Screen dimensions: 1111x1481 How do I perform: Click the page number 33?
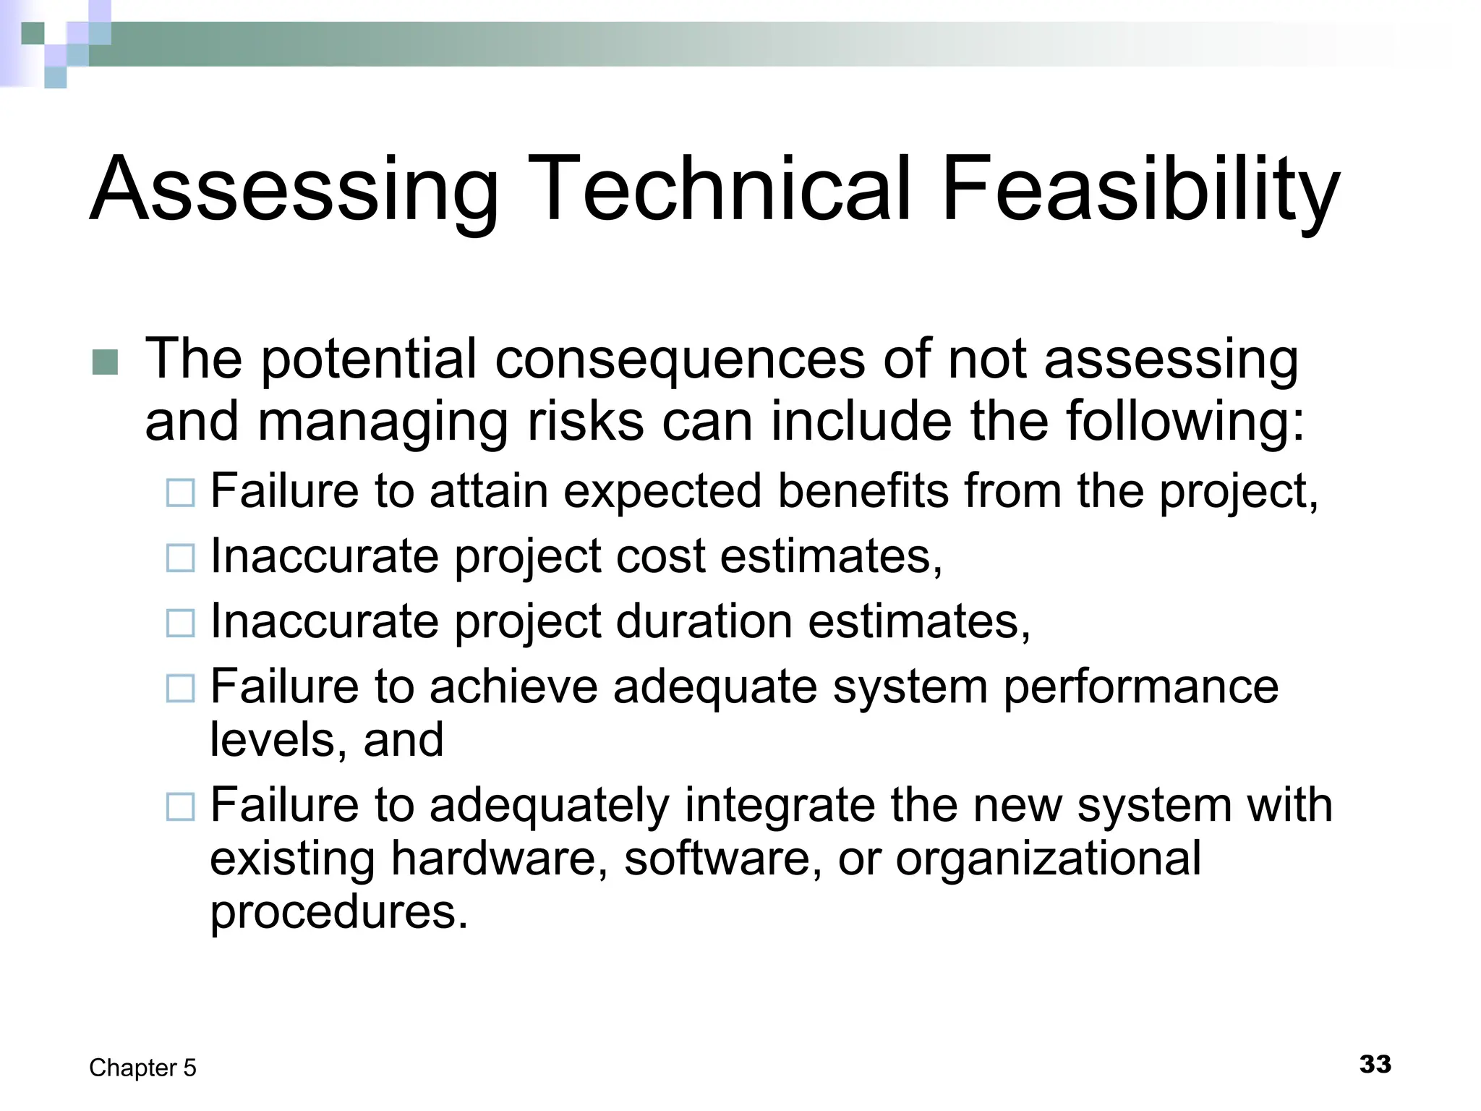click(1375, 1064)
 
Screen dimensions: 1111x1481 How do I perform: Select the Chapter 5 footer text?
click(142, 1068)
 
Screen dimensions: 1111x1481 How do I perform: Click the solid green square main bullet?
click(105, 362)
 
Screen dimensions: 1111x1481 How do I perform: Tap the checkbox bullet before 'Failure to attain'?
click(180, 493)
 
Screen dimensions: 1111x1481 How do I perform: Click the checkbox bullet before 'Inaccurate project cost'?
click(180, 558)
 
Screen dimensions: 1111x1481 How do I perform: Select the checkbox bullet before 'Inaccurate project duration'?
click(180, 623)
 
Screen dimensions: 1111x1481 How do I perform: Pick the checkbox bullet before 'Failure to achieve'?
click(180, 688)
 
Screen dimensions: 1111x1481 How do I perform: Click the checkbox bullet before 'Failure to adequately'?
click(180, 806)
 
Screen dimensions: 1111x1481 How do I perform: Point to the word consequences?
click(679, 359)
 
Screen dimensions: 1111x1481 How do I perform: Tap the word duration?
click(703, 621)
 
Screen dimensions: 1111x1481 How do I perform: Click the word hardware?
click(499, 859)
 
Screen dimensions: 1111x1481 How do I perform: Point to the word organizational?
click(1048, 860)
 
